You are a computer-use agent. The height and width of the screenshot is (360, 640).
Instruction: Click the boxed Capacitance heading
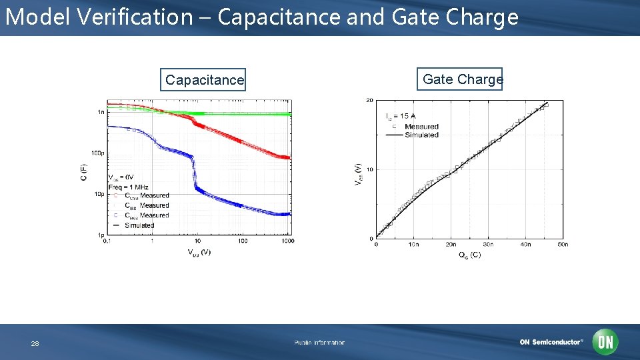point(205,80)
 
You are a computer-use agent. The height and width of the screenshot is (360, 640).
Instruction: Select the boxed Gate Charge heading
point(463,79)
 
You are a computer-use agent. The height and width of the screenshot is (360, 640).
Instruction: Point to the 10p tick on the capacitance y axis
point(98,194)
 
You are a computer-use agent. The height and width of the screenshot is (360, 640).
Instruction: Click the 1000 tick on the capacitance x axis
point(287,241)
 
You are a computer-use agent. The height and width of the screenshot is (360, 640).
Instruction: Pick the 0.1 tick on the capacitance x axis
point(107,241)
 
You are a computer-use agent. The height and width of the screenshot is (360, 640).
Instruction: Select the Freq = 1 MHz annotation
point(128,187)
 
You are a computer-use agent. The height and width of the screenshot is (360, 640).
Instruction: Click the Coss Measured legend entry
point(143,196)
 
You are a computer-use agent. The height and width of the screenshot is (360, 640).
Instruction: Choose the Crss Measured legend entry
point(143,215)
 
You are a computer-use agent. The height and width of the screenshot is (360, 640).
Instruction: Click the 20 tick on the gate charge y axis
point(369,101)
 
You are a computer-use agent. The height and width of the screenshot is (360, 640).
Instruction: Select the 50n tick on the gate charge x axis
point(562,245)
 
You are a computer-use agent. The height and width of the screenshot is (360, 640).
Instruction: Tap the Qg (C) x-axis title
point(469,255)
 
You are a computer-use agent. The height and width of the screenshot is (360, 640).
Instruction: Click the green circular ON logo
point(606,342)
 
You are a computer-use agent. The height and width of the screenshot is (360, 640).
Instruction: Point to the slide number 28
point(35,344)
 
